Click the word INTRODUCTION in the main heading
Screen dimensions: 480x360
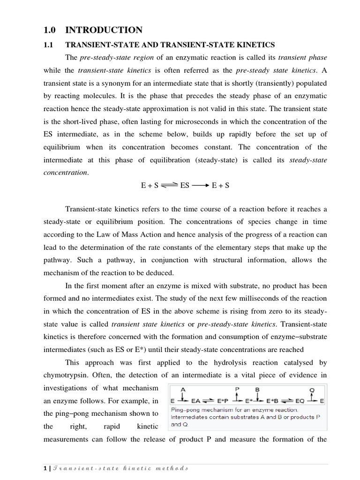click(x=104, y=30)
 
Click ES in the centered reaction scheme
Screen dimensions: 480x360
click(x=185, y=186)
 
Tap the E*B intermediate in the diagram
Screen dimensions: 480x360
click(x=273, y=401)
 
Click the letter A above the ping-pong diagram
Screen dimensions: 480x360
click(x=183, y=389)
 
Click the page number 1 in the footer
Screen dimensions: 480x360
click(x=45, y=468)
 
